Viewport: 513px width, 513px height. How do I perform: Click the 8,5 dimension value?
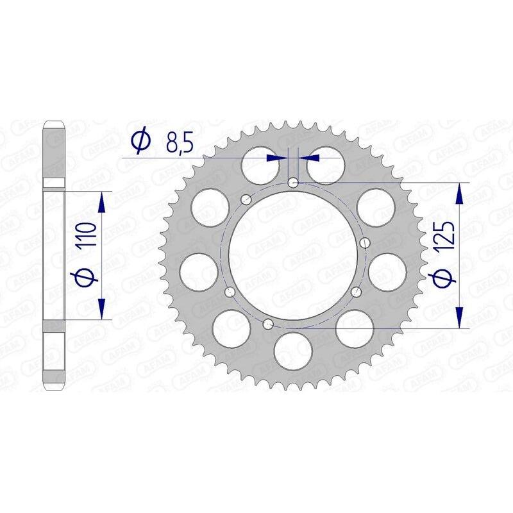point(179,143)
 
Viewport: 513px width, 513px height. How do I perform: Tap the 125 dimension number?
point(446,236)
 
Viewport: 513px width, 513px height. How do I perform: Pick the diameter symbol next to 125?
point(446,277)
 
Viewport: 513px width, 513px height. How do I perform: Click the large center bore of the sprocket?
point(292,255)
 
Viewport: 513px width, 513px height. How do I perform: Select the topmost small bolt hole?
point(292,182)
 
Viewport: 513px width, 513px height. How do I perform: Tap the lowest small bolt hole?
point(268,323)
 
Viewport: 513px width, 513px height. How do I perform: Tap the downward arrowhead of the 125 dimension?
point(460,317)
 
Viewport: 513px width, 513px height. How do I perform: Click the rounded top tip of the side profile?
point(53,124)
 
